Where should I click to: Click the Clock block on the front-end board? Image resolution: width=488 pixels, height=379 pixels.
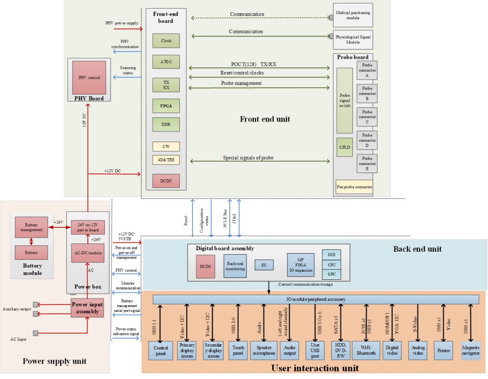point(166,41)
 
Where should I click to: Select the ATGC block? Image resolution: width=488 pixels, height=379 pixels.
point(166,62)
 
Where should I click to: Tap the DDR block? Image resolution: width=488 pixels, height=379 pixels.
point(166,124)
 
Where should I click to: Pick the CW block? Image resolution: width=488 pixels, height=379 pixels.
point(166,146)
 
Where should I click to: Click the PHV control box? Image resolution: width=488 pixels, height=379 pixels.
point(89,77)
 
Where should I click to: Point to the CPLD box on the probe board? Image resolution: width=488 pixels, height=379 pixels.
point(345,147)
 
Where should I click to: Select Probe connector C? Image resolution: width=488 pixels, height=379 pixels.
point(367,117)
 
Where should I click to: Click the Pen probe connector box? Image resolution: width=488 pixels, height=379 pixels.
point(354,187)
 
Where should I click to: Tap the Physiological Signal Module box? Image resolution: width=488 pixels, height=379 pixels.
point(353,39)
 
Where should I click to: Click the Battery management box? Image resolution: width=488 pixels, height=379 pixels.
point(31,227)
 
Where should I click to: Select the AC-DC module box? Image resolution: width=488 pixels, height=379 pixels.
point(88,253)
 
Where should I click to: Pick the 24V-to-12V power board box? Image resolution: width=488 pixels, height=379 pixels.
point(88,227)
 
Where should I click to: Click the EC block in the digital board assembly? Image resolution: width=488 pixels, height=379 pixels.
point(264,265)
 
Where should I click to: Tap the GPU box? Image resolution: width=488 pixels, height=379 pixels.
point(332,274)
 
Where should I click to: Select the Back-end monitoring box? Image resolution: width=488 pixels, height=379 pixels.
point(235,266)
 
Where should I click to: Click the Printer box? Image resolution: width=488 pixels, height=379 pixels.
point(444,350)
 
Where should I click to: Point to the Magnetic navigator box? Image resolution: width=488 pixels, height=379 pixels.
point(470,350)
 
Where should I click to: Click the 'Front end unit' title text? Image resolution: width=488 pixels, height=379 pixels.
point(264,119)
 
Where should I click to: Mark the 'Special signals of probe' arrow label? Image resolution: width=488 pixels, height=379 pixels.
point(248,158)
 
